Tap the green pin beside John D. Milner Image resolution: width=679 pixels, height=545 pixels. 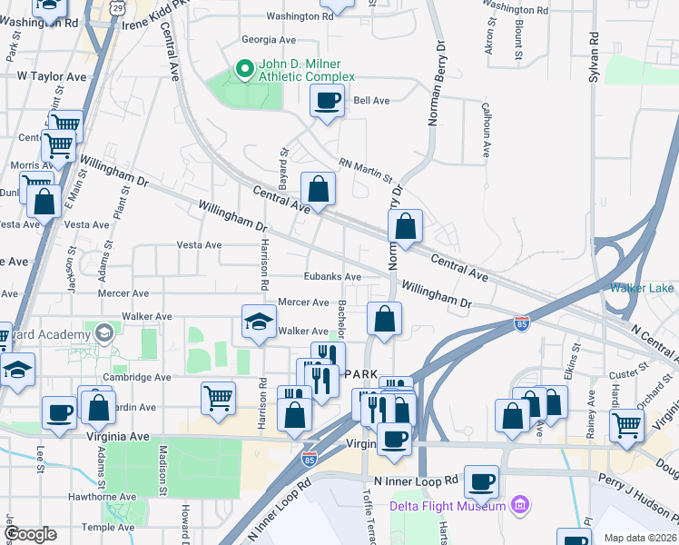coord(243,67)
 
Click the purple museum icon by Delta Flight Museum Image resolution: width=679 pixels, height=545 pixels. coord(519,503)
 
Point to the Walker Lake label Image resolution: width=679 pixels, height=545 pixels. coord(642,289)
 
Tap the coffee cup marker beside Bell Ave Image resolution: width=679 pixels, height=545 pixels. coord(327,101)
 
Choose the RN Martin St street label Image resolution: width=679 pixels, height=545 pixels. coord(365,170)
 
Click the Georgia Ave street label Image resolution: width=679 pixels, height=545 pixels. coord(269,40)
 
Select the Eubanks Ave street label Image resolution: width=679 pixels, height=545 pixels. coord(332,277)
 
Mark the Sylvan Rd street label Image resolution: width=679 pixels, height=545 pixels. coord(595,59)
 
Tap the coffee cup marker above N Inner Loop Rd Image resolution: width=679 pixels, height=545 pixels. coord(481,481)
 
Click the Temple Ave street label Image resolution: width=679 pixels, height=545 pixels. coord(108,527)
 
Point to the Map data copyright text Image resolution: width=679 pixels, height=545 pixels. coord(641,538)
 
